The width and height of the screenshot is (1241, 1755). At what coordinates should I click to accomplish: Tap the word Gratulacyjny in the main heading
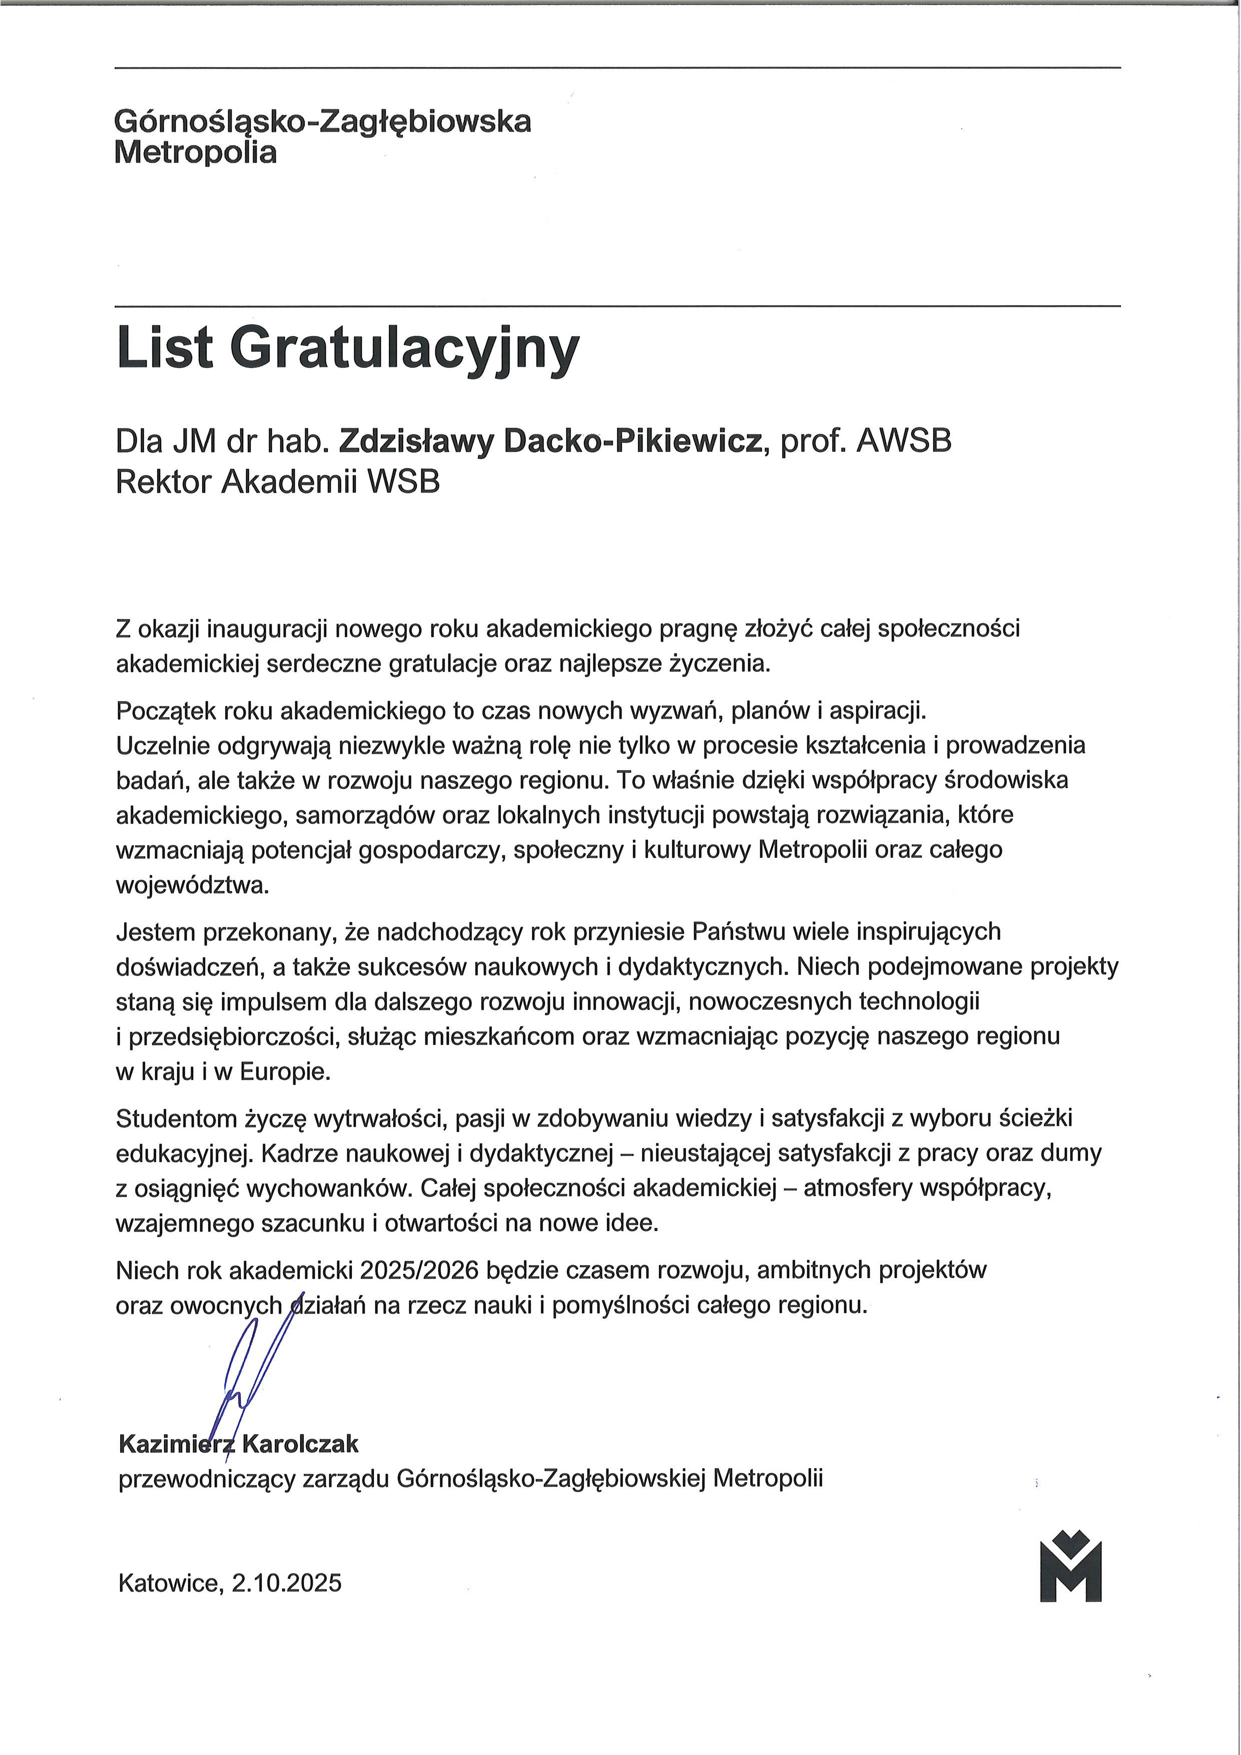click(x=403, y=349)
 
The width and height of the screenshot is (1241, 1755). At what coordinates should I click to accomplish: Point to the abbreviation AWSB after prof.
click(x=904, y=442)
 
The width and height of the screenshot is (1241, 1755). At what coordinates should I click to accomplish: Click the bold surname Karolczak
click(x=300, y=1444)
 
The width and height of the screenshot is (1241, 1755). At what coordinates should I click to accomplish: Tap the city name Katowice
click(x=169, y=1582)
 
